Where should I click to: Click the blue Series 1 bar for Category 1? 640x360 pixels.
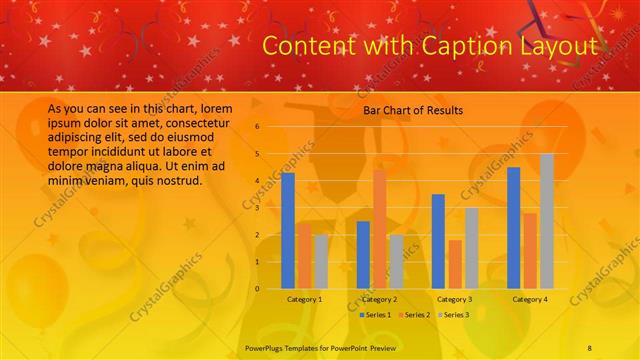click(x=288, y=230)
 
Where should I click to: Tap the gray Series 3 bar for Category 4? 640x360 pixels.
click(x=546, y=221)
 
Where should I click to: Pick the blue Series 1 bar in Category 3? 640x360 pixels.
click(x=438, y=241)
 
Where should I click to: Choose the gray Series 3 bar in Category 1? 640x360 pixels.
click(x=320, y=261)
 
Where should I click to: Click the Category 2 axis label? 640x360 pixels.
click(x=379, y=299)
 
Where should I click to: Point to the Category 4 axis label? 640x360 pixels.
click(x=529, y=299)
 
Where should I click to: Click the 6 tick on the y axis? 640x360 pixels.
click(x=257, y=127)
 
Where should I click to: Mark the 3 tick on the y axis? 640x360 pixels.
click(x=257, y=208)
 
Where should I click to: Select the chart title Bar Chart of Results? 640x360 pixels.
click(x=412, y=110)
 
